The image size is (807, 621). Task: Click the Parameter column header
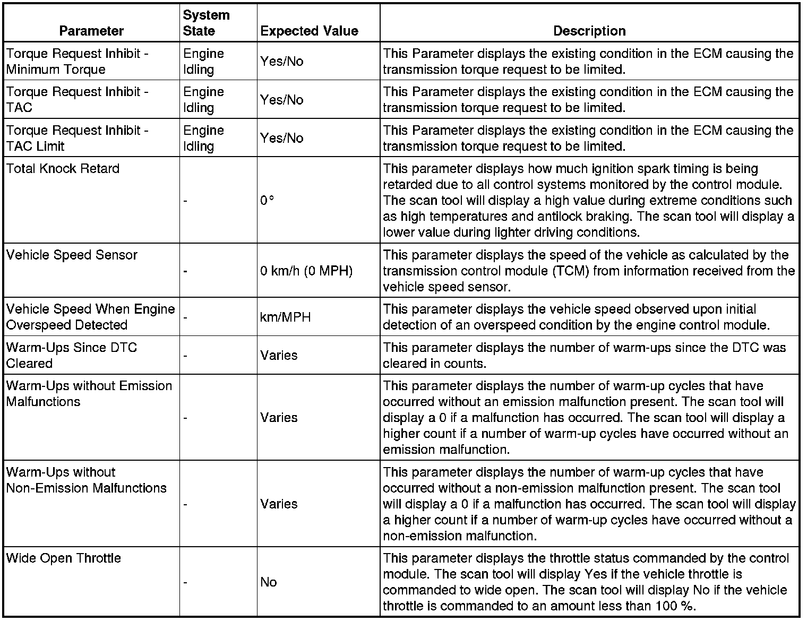point(91,31)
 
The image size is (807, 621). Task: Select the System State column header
point(207,23)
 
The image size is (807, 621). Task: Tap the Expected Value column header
point(309,31)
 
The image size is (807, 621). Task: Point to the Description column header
point(589,31)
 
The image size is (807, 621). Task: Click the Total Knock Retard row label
point(63,169)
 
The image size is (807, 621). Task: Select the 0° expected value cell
point(267,201)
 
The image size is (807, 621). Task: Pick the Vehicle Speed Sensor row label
point(72,255)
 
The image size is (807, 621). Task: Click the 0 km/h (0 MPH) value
point(306,271)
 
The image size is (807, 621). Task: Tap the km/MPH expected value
point(286,317)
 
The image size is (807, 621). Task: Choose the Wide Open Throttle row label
point(64,558)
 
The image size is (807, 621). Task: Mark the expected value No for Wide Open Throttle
point(269,582)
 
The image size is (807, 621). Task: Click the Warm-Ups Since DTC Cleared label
point(72,356)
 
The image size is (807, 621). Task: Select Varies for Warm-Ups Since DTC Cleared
point(279,356)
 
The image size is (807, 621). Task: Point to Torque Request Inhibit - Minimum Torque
point(78,62)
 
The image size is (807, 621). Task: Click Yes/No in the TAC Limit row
point(282,139)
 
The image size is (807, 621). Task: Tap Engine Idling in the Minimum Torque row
point(204,62)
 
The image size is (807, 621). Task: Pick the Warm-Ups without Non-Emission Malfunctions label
point(87,480)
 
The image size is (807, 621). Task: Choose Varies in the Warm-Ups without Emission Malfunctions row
point(279,418)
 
